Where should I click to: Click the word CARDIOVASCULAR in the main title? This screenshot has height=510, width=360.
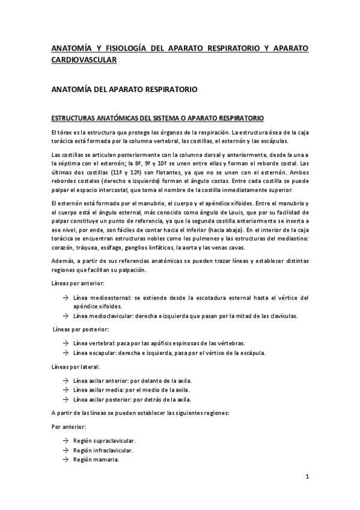83,60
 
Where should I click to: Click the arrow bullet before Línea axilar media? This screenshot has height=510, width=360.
64,390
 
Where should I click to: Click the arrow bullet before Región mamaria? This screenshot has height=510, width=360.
64,459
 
